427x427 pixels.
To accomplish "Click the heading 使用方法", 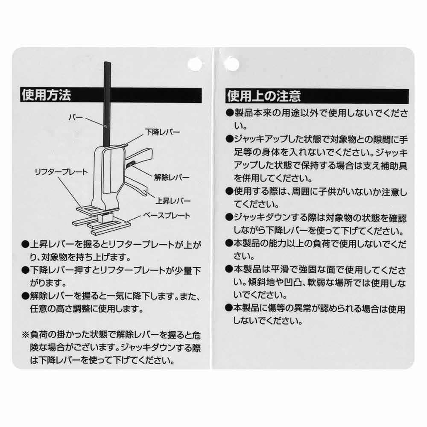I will tap(46, 95).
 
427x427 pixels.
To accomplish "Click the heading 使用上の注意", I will tap(263, 96).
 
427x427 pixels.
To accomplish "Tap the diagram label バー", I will tap(76, 116).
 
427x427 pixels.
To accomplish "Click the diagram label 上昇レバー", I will tap(173, 200).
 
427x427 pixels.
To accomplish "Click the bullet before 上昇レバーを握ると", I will tap(25, 245).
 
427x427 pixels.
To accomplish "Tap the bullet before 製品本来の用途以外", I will tap(230, 114).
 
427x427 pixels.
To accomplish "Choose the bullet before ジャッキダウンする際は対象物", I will tap(230, 217).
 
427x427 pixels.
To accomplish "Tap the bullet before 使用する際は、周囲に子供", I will tap(230, 192).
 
